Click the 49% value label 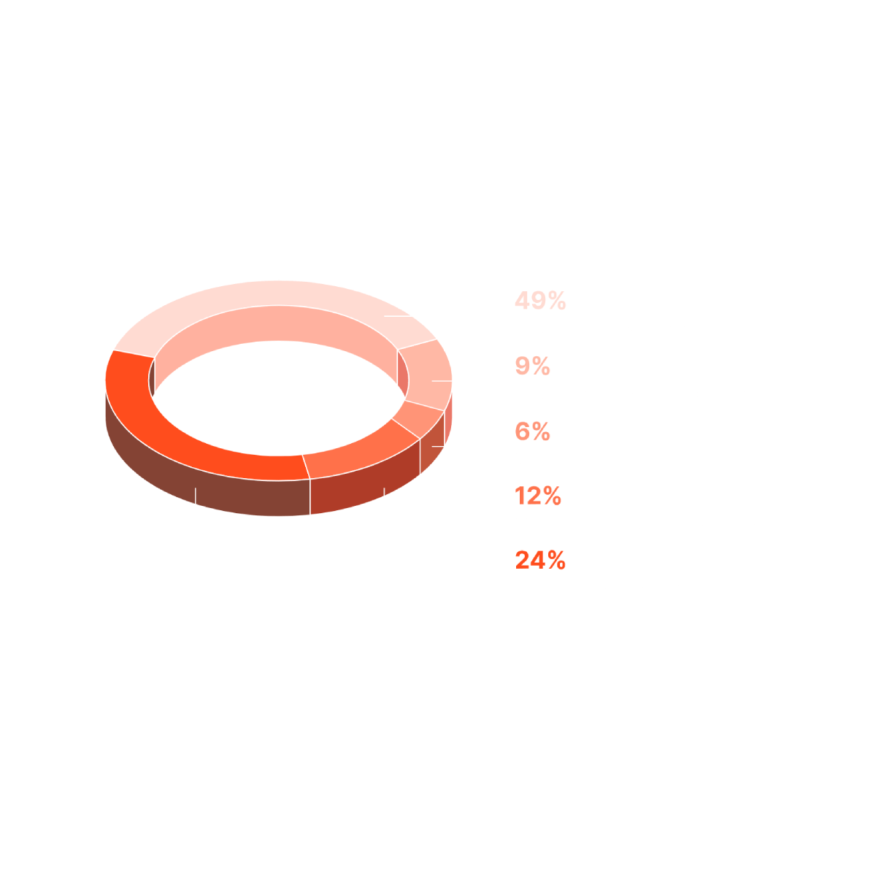tap(540, 301)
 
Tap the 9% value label tap(532, 366)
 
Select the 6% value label tap(532, 431)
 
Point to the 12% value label tap(538, 496)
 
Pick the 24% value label tap(540, 561)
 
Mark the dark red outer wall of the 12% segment tap(365, 485)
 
